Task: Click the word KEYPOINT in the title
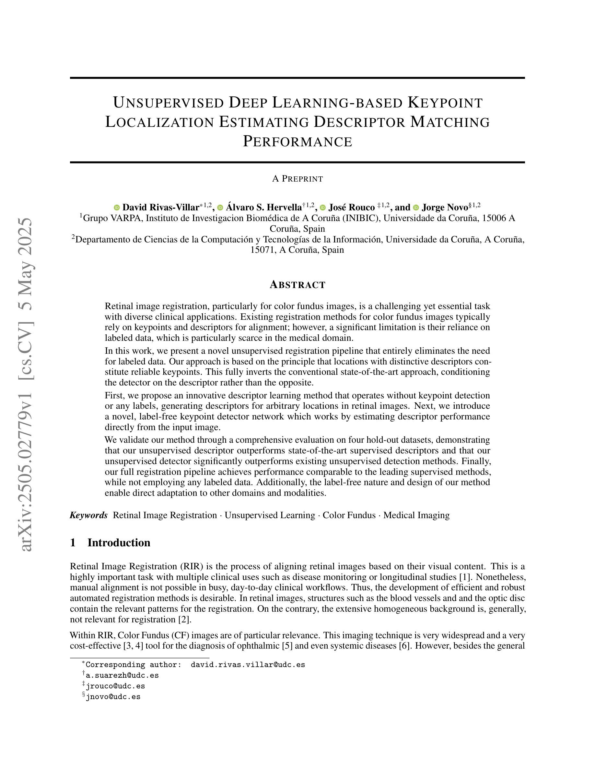point(445,103)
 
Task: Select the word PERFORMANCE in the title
point(297,141)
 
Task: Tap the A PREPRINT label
point(297,179)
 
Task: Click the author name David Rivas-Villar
point(160,207)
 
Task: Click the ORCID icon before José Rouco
point(322,207)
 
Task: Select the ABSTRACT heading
point(297,284)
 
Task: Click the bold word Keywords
point(88,515)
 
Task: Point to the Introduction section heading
point(119,542)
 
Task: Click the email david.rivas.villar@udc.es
point(248,665)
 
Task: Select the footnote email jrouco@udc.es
point(115,686)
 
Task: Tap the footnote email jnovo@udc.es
point(113,697)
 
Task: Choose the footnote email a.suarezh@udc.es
point(122,675)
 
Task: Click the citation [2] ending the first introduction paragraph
point(186,619)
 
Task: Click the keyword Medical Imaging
point(416,515)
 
